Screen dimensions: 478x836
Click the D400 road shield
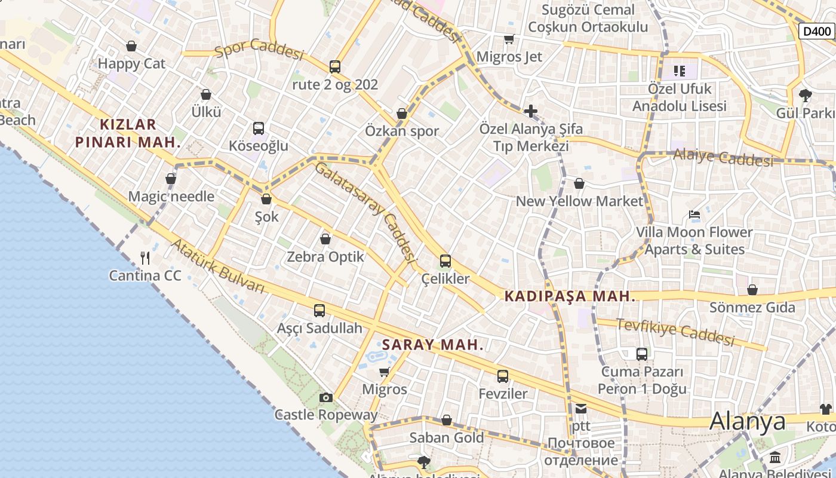coord(816,31)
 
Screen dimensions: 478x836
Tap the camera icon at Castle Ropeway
coord(325,397)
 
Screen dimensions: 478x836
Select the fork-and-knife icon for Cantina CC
coord(145,258)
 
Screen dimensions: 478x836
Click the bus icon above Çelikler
coord(445,261)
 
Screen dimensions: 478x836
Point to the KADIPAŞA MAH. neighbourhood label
coord(570,296)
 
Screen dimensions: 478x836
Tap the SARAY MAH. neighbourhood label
coord(432,345)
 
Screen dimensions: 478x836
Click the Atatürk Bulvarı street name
coord(218,266)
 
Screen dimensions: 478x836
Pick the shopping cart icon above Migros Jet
coord(509,39)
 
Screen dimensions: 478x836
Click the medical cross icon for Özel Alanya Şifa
coord(530,111)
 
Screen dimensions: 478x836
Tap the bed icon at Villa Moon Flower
coord(694,215)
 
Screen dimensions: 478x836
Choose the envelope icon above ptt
coord(580,409)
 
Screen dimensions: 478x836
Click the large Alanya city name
coord(747,421)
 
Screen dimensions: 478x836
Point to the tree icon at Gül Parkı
coord(805,95)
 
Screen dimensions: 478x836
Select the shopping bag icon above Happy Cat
coord(131,46)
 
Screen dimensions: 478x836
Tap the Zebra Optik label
coord(325,257)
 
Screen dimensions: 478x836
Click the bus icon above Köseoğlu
coord(259,128)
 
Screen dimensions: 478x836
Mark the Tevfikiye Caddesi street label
coord(675,332)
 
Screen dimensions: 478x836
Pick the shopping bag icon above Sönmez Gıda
coord(752,290)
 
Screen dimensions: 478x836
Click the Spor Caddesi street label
coord(259,49)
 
